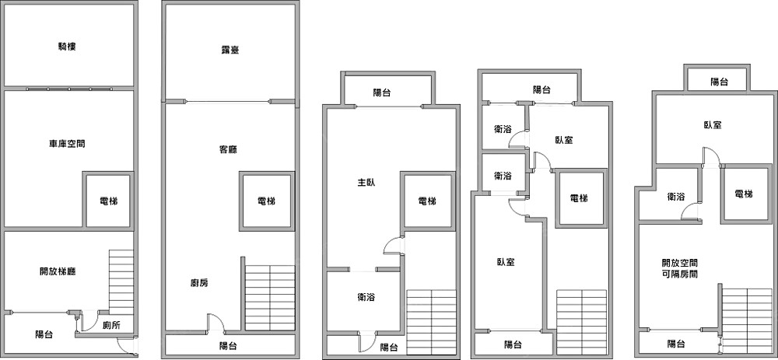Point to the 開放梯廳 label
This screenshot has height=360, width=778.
tap(57, 271)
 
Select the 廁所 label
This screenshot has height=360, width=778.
tap(111, 326)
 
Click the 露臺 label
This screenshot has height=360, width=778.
tap(230, 51)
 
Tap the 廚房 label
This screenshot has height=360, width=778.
tap(198, 283)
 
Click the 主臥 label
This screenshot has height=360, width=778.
tap(366, 183)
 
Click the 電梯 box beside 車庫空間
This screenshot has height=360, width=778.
tap(108, 201)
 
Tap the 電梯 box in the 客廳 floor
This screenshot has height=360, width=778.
tap(266, 201)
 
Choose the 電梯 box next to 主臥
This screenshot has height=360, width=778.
tap(427, 201)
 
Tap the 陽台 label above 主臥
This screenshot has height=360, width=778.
tap(382, 93)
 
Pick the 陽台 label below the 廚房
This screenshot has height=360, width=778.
tap(229, 345)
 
